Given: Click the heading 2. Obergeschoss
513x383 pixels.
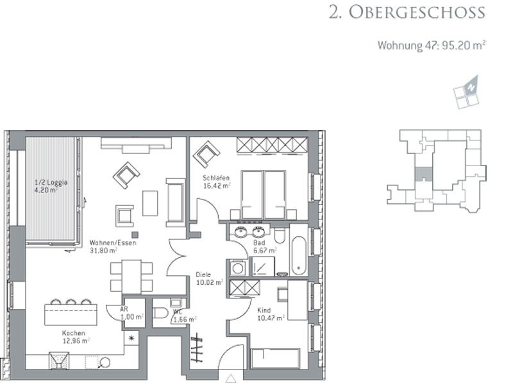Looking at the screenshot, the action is pyautogui.click(x=407, y=12).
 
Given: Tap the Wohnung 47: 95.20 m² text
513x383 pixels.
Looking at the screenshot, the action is pyautogui.click(x=432, y=45).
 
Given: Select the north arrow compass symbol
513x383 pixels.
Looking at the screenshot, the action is pyautogui.click(x=467, y=92).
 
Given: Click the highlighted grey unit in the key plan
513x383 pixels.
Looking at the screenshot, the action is pyautogui.click(x=423, y=174).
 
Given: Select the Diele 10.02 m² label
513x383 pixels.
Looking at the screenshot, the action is pyautogui.click(x=210, y=278).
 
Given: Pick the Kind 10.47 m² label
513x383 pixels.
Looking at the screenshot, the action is pyautogui.click(x=271, y=314).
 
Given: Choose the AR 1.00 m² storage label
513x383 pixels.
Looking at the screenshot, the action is pyautogui.click(x=131, y=313).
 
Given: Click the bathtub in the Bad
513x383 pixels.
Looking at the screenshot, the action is pyautogui.click(x=299, y=256).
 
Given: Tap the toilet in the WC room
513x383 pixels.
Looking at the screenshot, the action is pyautogui.click(x=161, y=313).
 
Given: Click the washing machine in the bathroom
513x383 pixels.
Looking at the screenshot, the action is pyautogui.click(x=238, y=268).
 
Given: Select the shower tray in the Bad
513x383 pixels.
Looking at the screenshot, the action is pyautogui.click(x=262, y=266).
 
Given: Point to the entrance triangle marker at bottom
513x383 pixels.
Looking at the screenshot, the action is pyautogui.click(x=231, y=379).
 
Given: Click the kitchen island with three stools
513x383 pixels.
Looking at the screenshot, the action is pyautogui.click(x=71, y=312).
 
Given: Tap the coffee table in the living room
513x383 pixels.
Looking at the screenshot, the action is pyautogui.click(x=150, y=203).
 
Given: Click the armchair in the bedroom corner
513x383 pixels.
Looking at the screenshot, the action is pyautogui.click(x=206, y=154).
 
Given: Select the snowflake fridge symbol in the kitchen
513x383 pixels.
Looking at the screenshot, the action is pyautogui.click(x=131, y=338).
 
